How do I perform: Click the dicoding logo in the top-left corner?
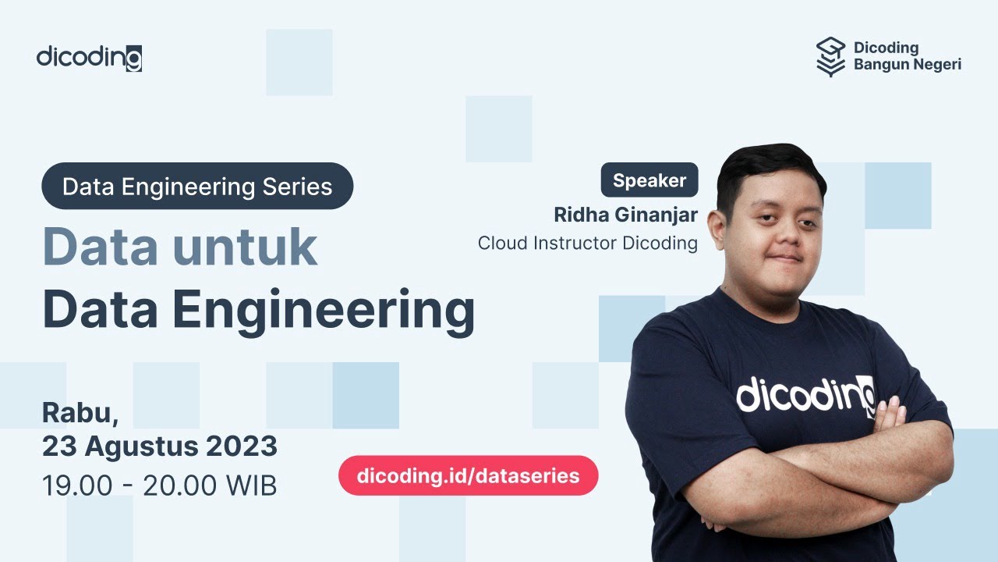pos(89,57)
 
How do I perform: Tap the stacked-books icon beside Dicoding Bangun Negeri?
pos(830,57)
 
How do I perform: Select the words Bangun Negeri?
pos(907,65)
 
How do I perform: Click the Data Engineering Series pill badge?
pos(197,187)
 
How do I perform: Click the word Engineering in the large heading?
pos(324,311)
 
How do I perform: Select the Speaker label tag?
pos(649,180)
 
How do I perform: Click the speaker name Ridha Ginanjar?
pos(625,214)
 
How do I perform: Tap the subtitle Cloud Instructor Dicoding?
pos(587,243)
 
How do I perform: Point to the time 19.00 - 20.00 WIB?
pos(159,486)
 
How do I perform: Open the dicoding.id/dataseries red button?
pos(468,475)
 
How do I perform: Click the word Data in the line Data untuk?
pos(99,247)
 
